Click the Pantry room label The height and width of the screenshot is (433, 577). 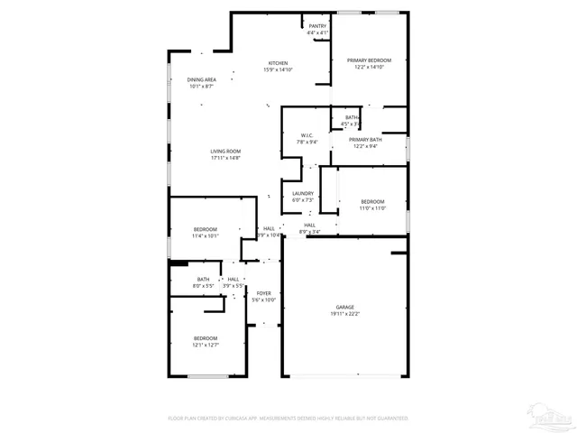(317, 26)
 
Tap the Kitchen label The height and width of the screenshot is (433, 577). (277, 63)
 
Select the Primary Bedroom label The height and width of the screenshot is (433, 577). (369, 60)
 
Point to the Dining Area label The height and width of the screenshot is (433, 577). (201, 79)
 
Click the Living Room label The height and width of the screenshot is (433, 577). (225, 151)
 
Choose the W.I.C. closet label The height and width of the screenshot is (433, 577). (307, 135)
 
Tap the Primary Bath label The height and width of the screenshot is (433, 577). (365, 140)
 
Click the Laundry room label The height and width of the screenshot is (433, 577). (303, 193)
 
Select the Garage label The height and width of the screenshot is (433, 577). (345, 307)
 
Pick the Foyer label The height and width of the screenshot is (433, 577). (264, 293)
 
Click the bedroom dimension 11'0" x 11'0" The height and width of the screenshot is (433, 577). (373, 208)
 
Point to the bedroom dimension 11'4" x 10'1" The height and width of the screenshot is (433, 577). (206, 236)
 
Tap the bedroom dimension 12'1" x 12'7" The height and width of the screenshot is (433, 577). (205, 345)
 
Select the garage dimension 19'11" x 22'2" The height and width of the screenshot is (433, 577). (345, 314)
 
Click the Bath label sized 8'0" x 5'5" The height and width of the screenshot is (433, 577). (204, 280)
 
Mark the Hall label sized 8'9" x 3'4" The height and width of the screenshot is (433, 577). (309, 225)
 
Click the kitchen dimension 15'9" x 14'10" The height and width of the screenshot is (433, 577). (278, 69)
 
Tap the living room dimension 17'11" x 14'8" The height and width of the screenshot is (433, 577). (225, 158)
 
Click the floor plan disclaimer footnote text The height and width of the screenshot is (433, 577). (288, 419)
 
